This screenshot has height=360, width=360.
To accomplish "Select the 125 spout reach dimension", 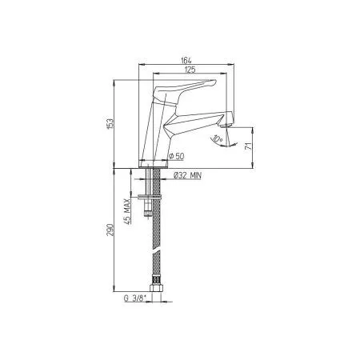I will pyautogui.click(x=189, y=70).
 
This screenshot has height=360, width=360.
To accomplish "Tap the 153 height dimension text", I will pyautogui.click(x=111, y=122).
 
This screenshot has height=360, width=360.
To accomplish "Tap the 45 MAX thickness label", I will pyautogui.click(x=128, y=204).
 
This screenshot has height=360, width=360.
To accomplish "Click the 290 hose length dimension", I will pyautogui.click(x=111, y=230).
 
